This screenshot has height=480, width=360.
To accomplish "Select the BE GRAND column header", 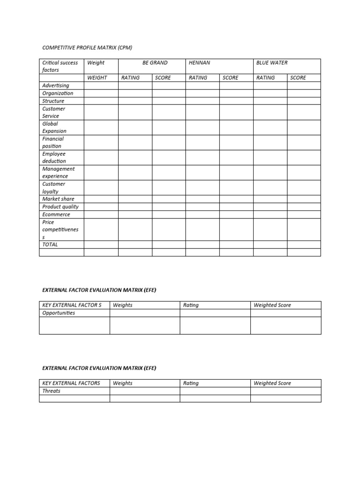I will click(x=155, y=63).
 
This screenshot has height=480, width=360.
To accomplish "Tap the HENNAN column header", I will click(x=200, y=63).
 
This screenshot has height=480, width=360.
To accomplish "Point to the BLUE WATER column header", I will click(x=272, y=63).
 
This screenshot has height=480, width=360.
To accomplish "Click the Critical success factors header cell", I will click(x=60, y=66).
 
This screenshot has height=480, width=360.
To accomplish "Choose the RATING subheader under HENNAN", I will click(x=198, y=78).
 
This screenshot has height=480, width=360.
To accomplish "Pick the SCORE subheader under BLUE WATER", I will click(x=298, y=78).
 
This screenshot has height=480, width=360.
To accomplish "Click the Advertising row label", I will click(x=55, y=86).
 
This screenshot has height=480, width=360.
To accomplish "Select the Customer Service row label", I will click(x=53, y=112).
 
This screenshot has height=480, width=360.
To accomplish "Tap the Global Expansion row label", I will click(x=54, y=127).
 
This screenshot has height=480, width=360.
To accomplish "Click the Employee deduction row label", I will click(x=54, y=157).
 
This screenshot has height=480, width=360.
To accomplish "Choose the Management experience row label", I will click(x=58, y=172).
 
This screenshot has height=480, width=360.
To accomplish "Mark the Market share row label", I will click(x=58, y=199).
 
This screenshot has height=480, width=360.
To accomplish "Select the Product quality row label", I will click(x=60, y=207).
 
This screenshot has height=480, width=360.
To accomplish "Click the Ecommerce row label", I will click(x=56, y=215).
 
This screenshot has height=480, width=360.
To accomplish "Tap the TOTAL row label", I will click(x=50, y=245).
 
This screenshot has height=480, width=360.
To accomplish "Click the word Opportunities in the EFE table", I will click(x=59, y=313).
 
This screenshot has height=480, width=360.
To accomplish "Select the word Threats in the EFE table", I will click(x=51, y=391).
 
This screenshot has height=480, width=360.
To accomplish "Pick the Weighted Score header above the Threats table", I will click(x=272, y=383).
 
